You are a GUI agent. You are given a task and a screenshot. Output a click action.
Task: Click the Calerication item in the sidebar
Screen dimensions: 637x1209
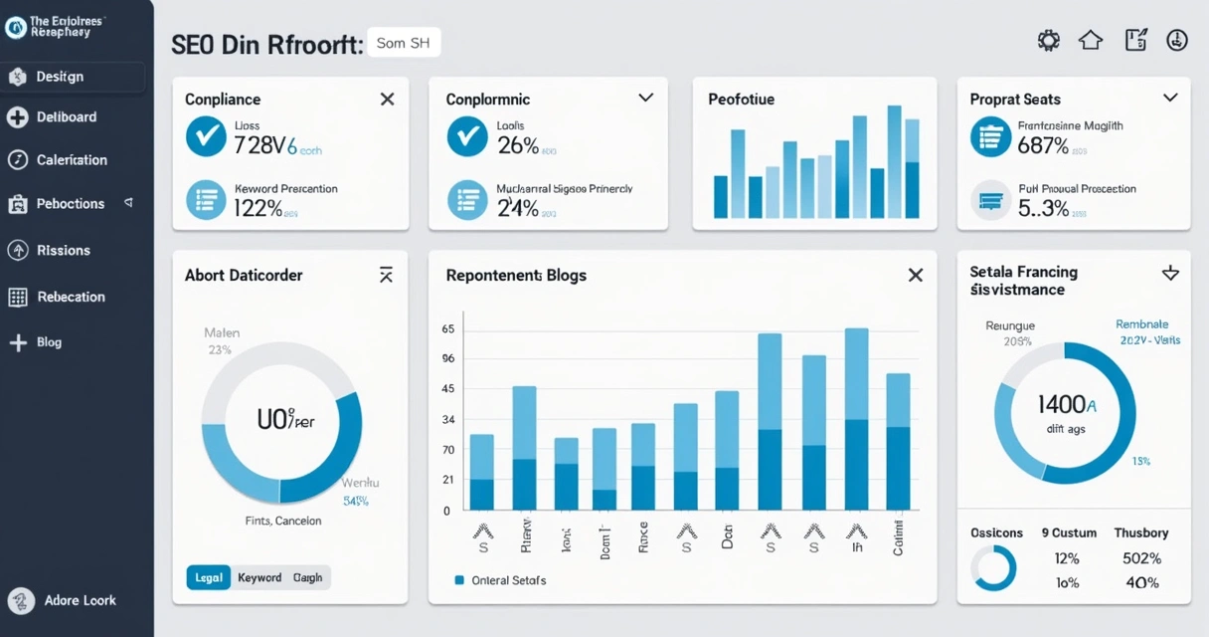pyautogui.click(x=71, y=160)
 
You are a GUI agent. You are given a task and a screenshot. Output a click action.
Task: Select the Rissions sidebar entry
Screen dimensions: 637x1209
pyautogui.click(x=63, y=251)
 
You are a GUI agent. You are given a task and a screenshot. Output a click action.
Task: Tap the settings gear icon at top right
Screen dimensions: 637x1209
pyautogui.click(x=1048, y=40)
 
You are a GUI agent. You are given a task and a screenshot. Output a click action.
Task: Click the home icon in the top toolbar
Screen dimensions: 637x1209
pyautogui.click(x=1091, y=40)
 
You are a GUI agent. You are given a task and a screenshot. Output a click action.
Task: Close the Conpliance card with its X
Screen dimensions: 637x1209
pyautogui.click(x=387, y=99)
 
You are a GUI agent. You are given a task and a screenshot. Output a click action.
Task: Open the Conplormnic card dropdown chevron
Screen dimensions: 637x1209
pyautogui.click(x=645, y=98)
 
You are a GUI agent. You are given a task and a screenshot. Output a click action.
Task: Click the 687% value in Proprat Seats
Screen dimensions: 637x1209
pyautogui.click(x=1043, y=146)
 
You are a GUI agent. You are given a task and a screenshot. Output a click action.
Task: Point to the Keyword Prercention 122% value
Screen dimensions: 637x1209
pyautogui.click(x=258, y=208)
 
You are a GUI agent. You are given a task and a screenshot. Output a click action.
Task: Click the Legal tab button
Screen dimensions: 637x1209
pyautogui.click(x=209, y=577)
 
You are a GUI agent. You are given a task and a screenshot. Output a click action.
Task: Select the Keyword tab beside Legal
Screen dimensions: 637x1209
pyautogui.click(x=259, y=577)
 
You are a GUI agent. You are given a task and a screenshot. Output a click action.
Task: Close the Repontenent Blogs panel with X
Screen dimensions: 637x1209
pyautogui.click(x=915, y=276)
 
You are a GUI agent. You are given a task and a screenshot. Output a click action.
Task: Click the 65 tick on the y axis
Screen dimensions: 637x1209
pyautogui.click(x=447, y=329)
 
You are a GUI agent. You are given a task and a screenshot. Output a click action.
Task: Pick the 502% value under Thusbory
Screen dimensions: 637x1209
pyautogui.click(x=1141, y=558)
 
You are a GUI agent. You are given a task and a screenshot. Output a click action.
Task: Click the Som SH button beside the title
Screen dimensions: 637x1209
pyautogui.click(x=404, y=44)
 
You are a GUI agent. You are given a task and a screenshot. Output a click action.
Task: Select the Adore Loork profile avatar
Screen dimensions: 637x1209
pyautogui.click(x=21, y=600)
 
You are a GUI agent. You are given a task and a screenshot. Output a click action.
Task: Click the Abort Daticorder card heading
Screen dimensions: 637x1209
pyautogui.click(x=244, y=276)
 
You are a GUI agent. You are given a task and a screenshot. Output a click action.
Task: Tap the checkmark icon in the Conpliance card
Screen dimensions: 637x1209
pyautogui.click(x=206, y=137)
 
